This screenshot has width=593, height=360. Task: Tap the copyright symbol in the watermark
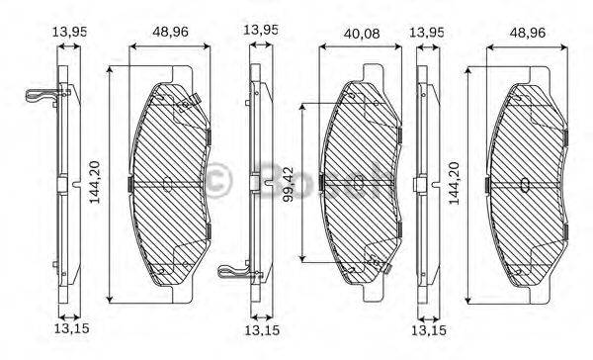216,181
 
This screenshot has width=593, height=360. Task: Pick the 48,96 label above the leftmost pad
169,31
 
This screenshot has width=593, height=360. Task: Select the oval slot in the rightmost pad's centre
525,183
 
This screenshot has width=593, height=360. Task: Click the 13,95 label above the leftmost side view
69,31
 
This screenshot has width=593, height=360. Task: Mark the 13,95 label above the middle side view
260,31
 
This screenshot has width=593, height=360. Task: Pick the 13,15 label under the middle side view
258,330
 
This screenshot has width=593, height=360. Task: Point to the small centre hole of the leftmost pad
167,182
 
